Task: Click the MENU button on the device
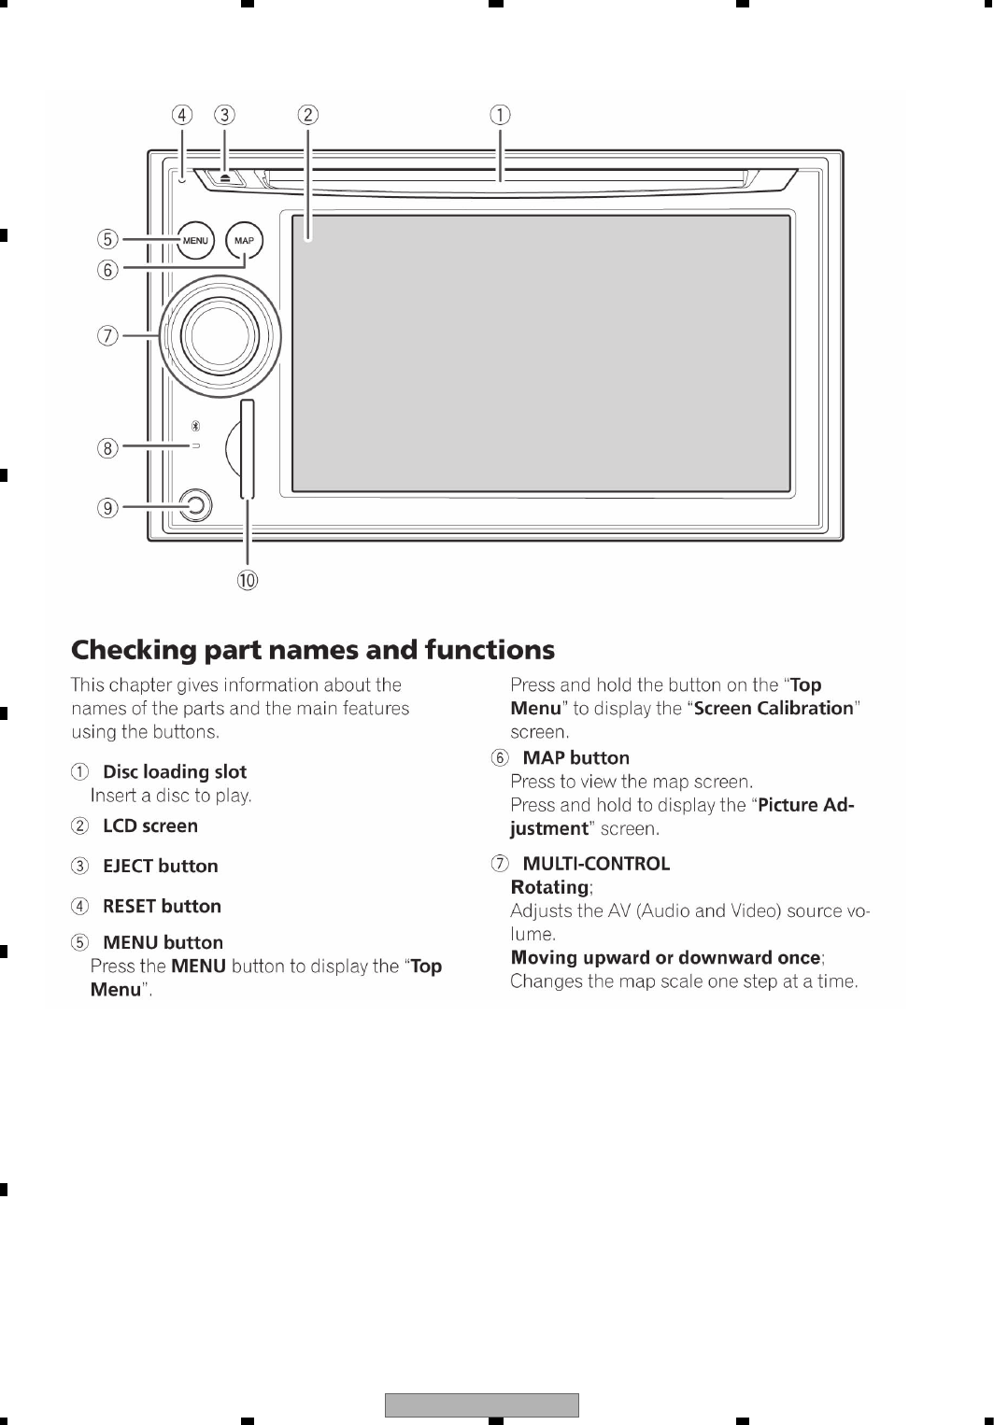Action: (x=195, y=241)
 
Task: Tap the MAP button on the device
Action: (x=244, y=241)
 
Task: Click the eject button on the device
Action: (x=225, y=176)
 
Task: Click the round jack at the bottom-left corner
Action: (x=195, y=506)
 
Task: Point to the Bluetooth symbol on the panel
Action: (x=195, y=426)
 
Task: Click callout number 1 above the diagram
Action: (x=501, y=115)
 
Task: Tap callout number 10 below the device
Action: (x=247, y=580)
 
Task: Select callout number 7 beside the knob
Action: (x=108, y=335)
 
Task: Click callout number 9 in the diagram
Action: (x=108, y=508)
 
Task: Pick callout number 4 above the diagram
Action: (x=181, y=115)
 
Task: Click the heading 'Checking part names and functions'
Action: (x=313, y=650)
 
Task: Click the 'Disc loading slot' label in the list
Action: (x=175, y=772)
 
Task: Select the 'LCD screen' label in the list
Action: (x=150, y=826)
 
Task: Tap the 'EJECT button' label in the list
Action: (x=161, y=867)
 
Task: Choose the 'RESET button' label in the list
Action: (x=162, y=907)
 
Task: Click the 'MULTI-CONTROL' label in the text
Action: (x=596, y=864)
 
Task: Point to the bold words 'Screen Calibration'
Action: (x=774, y=709)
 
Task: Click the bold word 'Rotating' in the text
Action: (x=550, y=887)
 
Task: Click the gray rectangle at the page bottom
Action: (x=482, y=1405)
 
